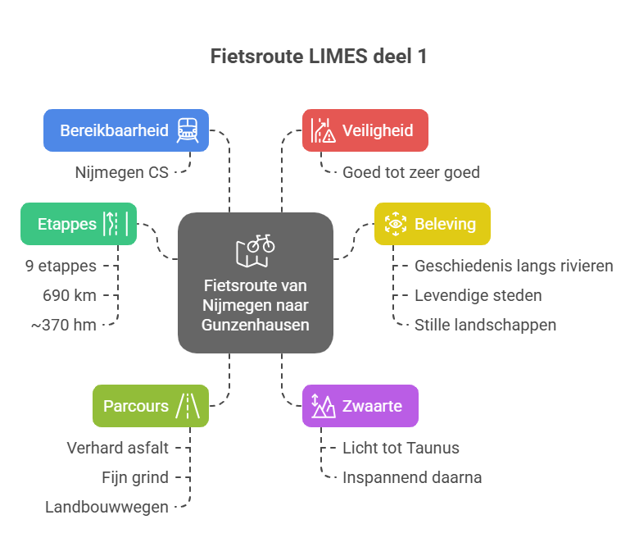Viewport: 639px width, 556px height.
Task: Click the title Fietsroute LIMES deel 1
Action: point(319,57)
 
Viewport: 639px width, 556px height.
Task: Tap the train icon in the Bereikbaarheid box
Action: point(188,130)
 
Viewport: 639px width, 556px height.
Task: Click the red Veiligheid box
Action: point(365,130)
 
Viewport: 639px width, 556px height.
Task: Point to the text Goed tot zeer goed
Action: point(410,172)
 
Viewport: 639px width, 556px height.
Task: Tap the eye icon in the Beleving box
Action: point(396,224)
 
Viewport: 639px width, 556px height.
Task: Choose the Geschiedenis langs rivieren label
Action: point(514,266)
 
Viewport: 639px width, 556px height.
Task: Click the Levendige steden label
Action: point(478,295)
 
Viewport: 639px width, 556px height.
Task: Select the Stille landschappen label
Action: point(485,325)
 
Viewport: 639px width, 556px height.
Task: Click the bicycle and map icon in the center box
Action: point(255,250)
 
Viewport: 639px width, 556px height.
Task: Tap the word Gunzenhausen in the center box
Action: point(256,324)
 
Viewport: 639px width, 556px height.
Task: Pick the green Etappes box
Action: point(79,224)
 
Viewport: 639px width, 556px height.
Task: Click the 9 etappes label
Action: point(61,266)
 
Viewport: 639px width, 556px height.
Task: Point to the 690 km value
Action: point(70,295)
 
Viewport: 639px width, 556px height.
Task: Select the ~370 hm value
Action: point(64,325)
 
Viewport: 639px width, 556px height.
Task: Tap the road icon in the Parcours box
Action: point(188,406)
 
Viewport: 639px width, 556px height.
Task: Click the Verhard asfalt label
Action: point(118,448)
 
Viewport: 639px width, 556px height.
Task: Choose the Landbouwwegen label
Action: point(107,507)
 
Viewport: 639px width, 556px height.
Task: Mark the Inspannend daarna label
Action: point(412,477)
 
